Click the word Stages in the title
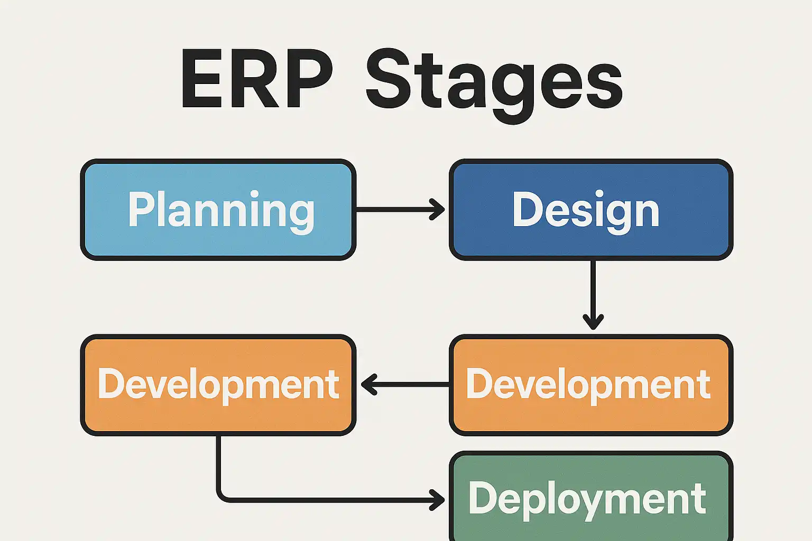[x=494, y=86]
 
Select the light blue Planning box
[x=218, y=209]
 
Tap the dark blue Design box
[x=591, y=209]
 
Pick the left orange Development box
[x=218, y=385]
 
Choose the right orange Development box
[x=591, y=385]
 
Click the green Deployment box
[x=591, y=497]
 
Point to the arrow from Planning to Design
[x=401, y=209]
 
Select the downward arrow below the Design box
[x=593, y=295]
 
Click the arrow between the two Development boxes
[x=405, y=385]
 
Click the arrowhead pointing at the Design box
[x=437, y=209]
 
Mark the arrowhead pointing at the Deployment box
[x=437, y=500]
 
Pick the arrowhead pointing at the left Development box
[x=369, y=385]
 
